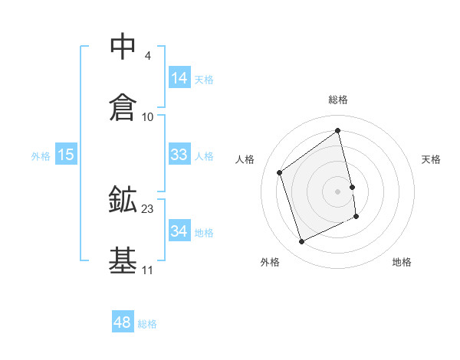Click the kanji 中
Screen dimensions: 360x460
coord(123,47)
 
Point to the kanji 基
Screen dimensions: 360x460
coord(123,260)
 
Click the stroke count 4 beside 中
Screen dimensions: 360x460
coord(147,56)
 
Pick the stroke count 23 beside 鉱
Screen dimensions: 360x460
coord(148,208)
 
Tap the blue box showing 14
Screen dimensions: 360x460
coord(179,77)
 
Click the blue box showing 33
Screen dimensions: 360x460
coord(179,154)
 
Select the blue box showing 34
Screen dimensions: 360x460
coord(179,231)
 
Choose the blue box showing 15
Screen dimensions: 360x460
coord(66,154)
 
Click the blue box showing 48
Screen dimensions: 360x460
coord(123,322)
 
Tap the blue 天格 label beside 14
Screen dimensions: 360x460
coord(204,79)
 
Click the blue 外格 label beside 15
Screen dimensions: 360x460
coord(41,155)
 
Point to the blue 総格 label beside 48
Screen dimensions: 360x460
coord(147,324)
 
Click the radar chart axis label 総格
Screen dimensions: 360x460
coord(338,100)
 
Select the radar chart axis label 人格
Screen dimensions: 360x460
coord(245,159)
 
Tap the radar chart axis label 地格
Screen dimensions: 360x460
coord(402,262)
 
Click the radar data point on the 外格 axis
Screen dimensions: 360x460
coord(301,242)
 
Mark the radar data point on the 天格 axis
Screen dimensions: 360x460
coord(352,186)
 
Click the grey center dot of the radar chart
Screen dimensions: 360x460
coord(338,191)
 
